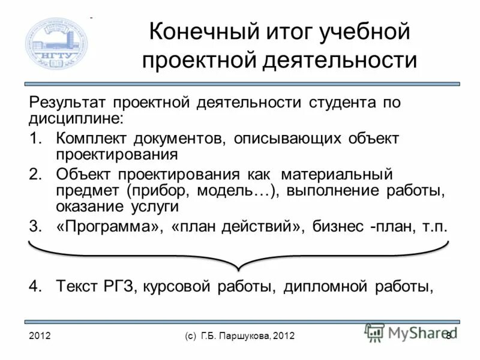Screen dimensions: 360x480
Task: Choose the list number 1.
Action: (35, 139)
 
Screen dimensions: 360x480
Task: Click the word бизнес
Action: (338, 227)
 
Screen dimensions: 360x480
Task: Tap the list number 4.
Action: (35, 286)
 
